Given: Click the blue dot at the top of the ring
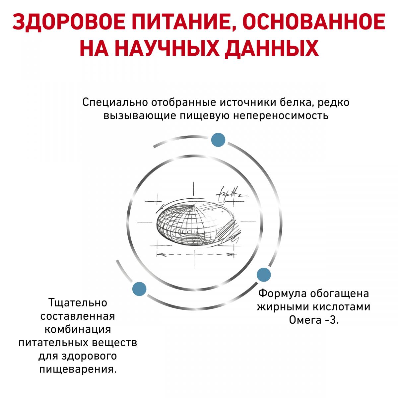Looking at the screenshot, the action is click(218, 140).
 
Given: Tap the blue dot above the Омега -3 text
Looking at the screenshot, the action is click(264, 275).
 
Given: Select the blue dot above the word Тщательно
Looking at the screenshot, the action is click(139, 289).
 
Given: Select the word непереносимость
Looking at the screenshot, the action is click(281, 116).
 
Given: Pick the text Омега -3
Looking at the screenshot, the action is click(314, 320).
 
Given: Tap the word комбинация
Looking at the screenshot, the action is click(78, 329).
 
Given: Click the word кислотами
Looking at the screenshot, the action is click(342, 307).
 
